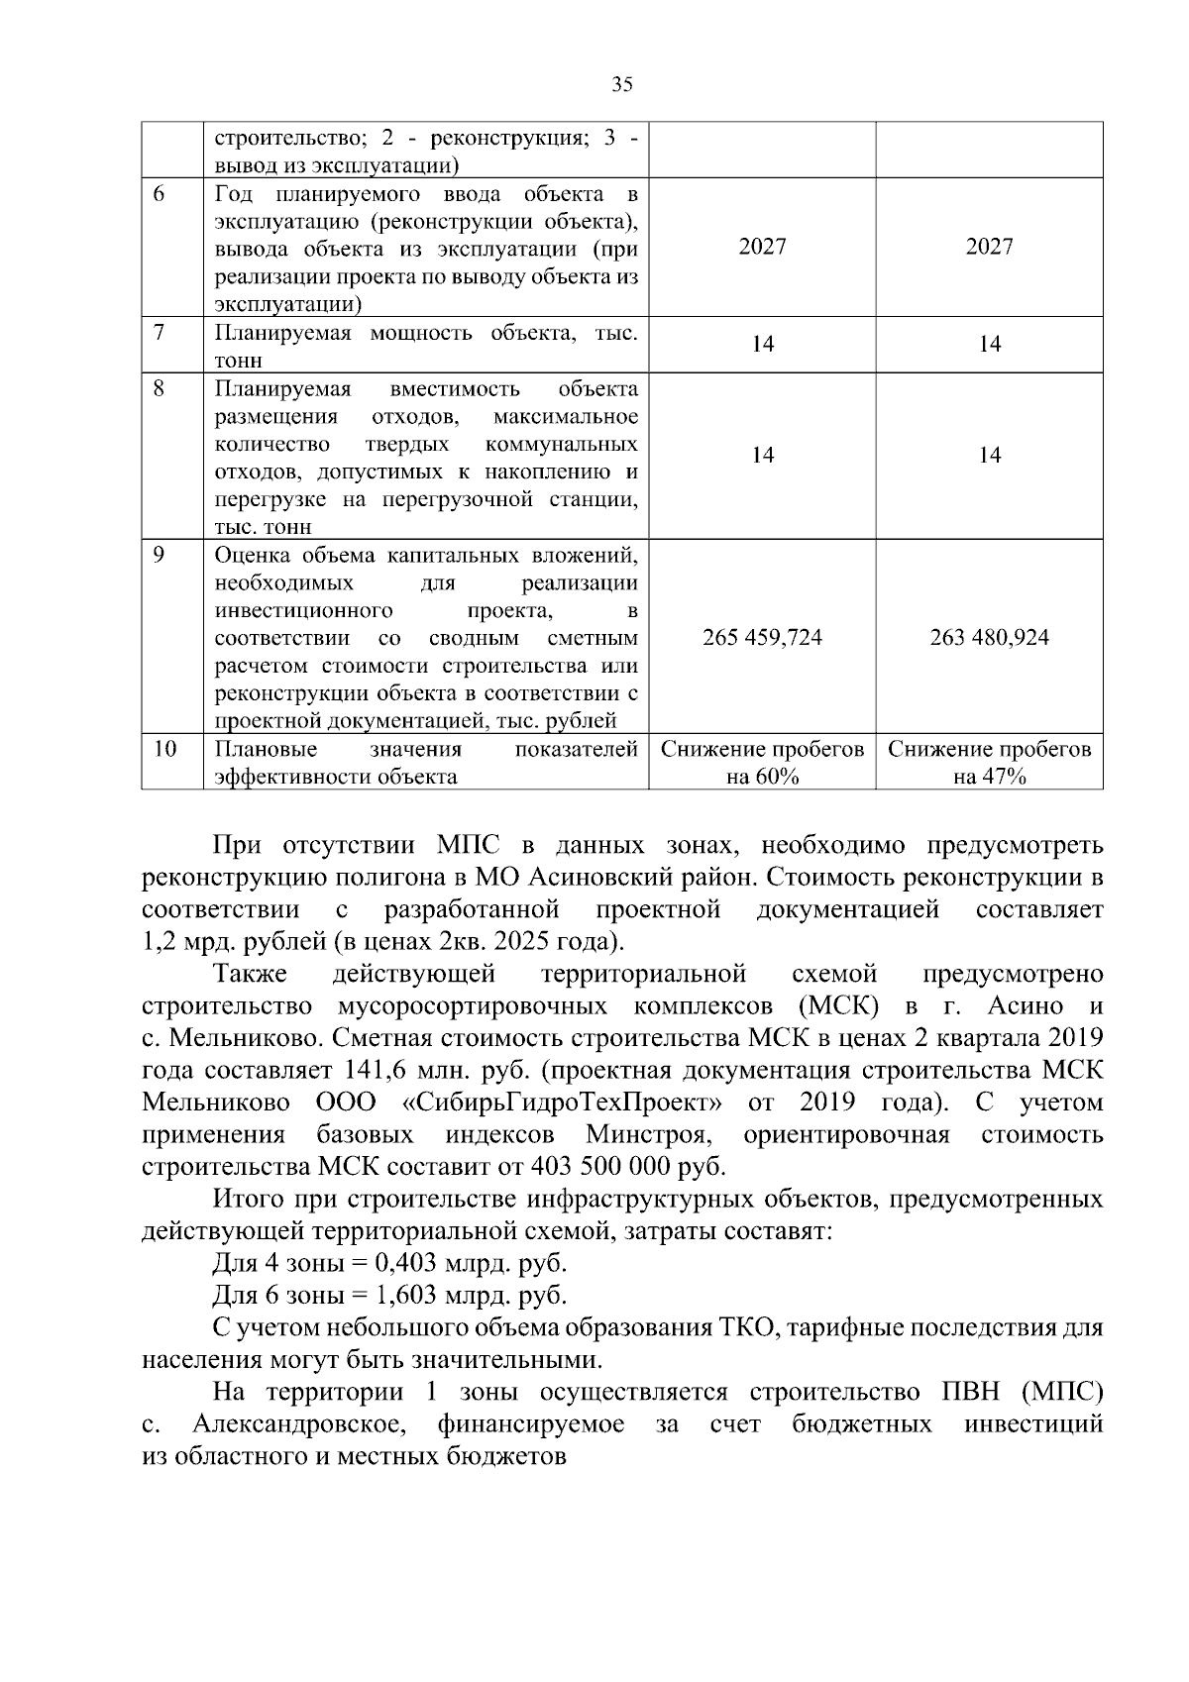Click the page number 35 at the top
(x=622, y=85)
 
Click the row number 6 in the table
(x=160, y=193)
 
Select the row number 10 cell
(x=164, y=749)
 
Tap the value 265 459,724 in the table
(x=762, y=637)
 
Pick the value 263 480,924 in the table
(x=989, y=637)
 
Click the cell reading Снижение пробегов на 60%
(x=762, y=763)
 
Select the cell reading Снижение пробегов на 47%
(x=989, y=763)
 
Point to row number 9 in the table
(x=160, y=555)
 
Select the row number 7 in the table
(x=160, y=332)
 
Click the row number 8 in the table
(x=160, y=387)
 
